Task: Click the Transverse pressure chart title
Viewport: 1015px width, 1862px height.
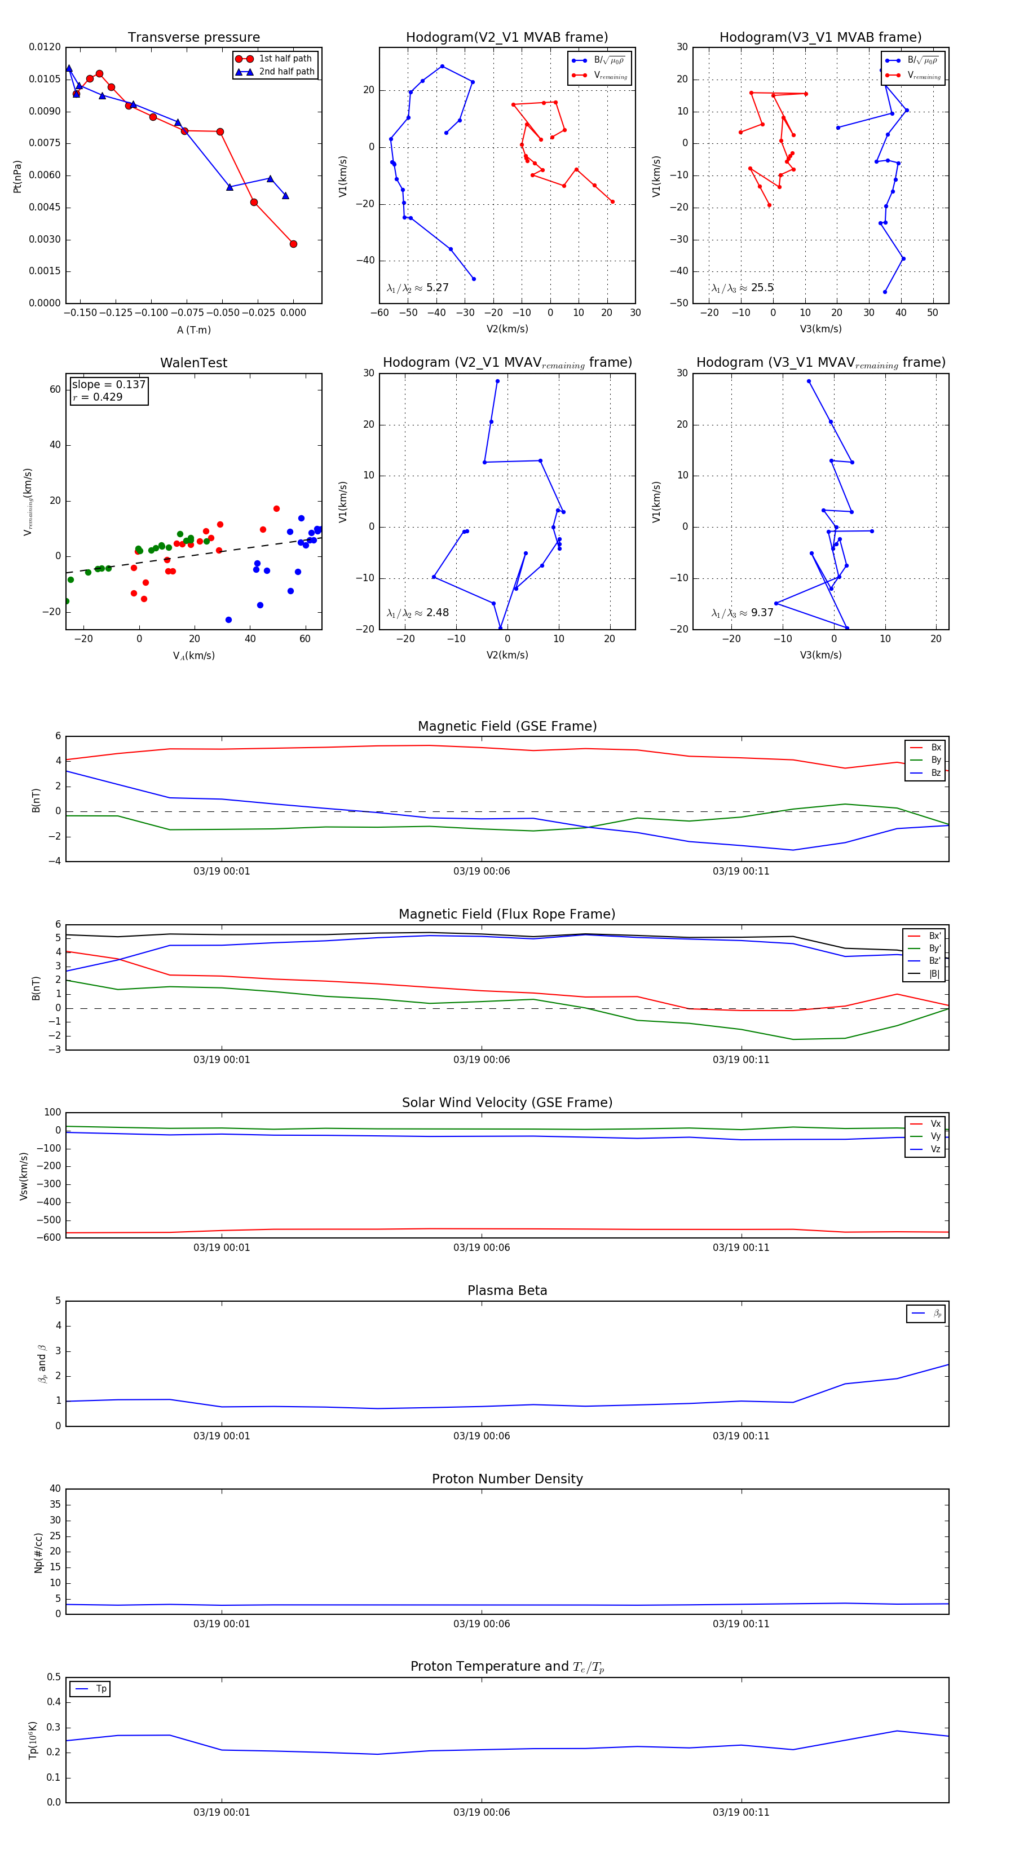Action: (193, 38)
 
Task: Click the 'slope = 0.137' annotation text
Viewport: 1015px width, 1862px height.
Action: (108, 385)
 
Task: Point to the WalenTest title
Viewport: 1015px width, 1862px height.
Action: (193, 363)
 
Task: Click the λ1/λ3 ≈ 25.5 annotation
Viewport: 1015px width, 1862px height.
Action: (742, 288)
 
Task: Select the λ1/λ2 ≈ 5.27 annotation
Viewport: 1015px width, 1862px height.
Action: (417, 288)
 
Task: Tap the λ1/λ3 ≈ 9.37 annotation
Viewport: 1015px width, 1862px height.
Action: (742, 613)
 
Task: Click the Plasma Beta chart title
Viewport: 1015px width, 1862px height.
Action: (507, 1290)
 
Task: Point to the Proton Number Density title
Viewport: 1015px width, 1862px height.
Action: (507, 1478)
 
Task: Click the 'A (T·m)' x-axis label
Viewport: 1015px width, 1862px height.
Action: (193, 330)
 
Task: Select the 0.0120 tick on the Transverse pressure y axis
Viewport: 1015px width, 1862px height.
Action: (45, 47)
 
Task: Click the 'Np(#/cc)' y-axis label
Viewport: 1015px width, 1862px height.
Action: (38, 1553)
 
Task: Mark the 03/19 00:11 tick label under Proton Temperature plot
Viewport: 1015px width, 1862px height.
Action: (740, 1812)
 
